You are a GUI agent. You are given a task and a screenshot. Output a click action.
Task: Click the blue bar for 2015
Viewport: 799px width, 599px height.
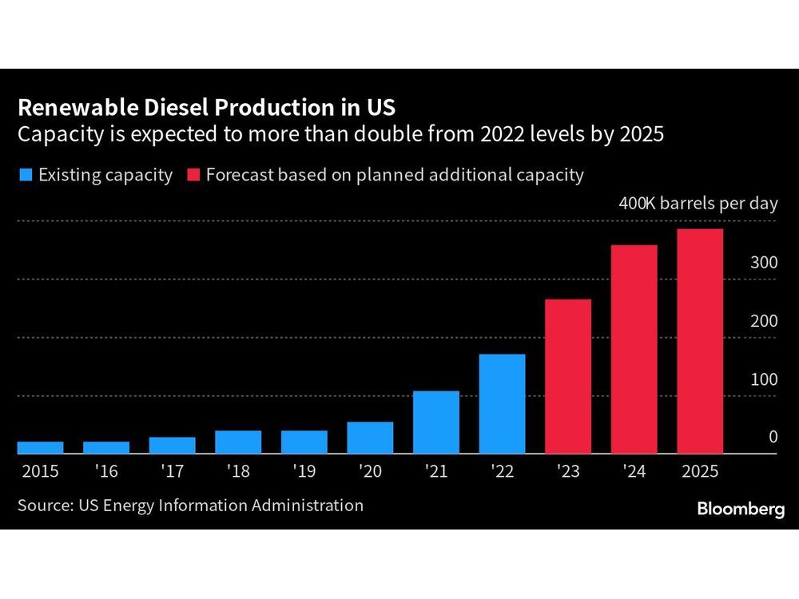pos(40,447)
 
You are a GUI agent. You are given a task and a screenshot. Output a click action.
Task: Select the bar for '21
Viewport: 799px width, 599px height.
pos(436,422)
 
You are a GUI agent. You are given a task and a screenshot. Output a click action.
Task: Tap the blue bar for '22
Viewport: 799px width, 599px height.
pos(502,403)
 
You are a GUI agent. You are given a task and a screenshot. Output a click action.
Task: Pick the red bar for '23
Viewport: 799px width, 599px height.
pos(568,376)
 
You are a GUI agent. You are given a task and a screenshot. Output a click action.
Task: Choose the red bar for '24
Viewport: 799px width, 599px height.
pos(634,349)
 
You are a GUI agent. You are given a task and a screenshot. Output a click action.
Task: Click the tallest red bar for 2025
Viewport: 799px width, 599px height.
pos(700,341)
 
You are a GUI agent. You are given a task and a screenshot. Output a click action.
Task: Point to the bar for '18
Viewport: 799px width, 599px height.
pos(238,442)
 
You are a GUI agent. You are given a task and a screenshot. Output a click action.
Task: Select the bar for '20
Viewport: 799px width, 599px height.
pos(370,438)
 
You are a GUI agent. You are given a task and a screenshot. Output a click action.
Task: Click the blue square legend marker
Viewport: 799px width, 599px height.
pos(25,175)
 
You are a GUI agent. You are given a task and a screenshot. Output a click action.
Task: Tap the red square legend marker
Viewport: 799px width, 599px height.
pos(193,175)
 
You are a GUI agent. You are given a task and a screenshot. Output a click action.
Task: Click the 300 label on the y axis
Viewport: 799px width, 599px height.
pos(764,263)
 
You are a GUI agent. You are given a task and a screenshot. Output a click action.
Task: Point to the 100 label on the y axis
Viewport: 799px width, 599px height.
pos(764,379)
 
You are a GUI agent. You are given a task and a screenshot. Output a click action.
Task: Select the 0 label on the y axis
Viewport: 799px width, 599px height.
pos(773,437)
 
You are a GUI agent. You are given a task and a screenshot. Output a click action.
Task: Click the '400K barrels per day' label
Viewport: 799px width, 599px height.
pos(698,204)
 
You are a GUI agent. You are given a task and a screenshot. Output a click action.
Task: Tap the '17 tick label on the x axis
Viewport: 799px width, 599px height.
pos(172,471)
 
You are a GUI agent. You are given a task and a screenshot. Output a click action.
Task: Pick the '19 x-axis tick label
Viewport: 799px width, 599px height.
pos(304,471)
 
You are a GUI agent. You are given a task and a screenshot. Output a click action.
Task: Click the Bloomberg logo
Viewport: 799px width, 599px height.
pos(741,510)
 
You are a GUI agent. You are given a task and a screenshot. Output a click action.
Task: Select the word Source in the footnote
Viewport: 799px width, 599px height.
pos(43,505)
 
